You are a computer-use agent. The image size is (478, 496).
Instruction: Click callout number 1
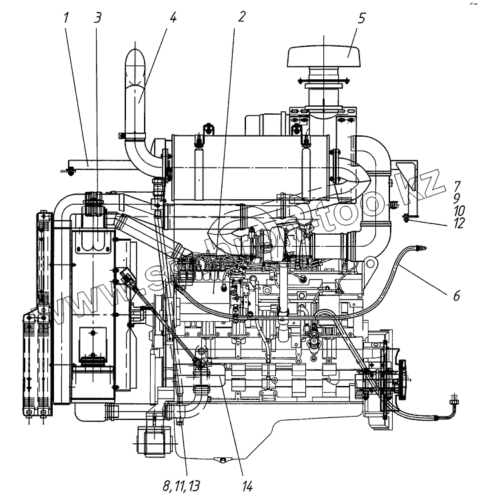tap(67, 17)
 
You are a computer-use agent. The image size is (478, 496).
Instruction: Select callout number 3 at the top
tap(98, 17)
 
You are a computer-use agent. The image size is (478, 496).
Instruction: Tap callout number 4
tap(173, 17)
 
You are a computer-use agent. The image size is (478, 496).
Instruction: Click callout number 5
tap(361, 17)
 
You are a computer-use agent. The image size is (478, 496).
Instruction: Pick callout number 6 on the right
tap(457, 295)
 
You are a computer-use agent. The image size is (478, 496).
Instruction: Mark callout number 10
tap(457, 211)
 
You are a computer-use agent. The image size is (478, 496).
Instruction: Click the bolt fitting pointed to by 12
tap(408, 216)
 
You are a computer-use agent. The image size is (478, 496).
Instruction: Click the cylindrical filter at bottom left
tap(152, 442)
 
